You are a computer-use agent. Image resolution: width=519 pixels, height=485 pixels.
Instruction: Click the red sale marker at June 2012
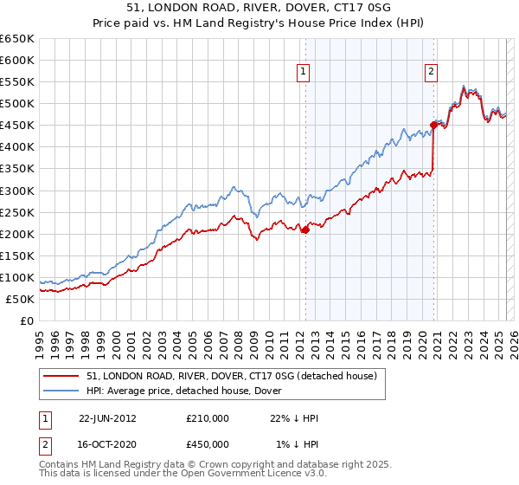(305, 230)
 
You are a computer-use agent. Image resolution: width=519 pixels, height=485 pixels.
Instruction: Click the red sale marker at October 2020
(433, 125)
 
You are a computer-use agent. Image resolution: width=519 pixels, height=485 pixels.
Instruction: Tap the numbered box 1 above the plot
(304, 73)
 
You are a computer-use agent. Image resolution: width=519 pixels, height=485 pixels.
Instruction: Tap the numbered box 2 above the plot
(430, 73)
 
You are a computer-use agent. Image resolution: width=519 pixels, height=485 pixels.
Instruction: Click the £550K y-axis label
(17, 82)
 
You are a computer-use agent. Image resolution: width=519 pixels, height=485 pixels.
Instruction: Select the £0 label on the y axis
(27, 320)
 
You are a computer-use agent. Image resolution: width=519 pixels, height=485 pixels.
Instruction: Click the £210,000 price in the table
(208, 418)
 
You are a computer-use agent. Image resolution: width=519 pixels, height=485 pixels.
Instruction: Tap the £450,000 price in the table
(208, 444)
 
